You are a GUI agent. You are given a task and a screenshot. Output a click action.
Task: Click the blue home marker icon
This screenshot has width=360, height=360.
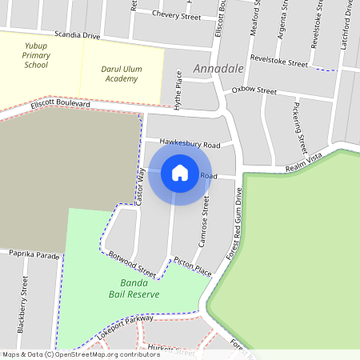180,173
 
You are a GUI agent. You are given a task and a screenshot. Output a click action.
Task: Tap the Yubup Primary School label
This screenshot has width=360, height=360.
36,56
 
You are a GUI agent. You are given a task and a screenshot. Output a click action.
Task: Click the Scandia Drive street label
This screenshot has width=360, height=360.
77,36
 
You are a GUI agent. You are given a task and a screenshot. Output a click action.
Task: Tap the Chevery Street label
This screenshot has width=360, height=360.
176,15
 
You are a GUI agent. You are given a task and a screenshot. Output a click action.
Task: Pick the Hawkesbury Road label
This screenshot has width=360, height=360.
189,145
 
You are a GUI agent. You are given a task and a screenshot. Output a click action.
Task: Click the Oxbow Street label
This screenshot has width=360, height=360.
254,90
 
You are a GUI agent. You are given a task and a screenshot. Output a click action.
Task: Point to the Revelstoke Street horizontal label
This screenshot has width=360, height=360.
278,62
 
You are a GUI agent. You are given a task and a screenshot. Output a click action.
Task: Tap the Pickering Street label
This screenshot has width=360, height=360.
299,126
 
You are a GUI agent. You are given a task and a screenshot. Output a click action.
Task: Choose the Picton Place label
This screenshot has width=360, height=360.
192,266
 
